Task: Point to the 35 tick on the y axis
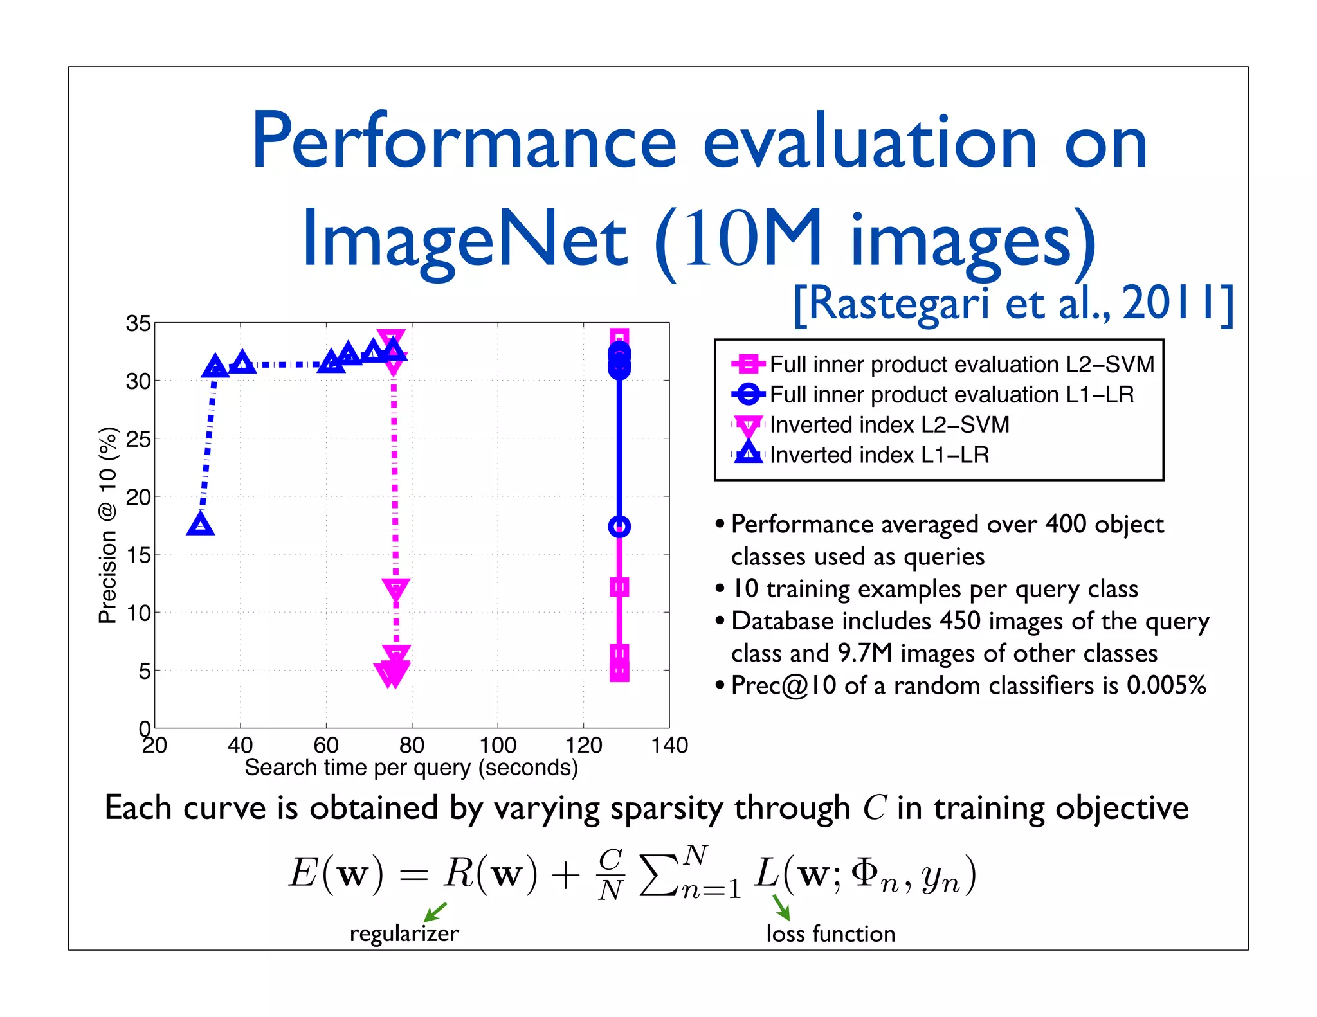138,323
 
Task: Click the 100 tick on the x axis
497,746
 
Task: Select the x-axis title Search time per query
411,768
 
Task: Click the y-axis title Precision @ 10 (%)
107,525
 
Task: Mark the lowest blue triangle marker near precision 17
201,525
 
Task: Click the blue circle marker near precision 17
619,526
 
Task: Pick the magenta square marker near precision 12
619,586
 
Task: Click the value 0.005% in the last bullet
1166,685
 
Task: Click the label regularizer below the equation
404,933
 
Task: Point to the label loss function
830,933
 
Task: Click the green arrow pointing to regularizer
435,912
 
